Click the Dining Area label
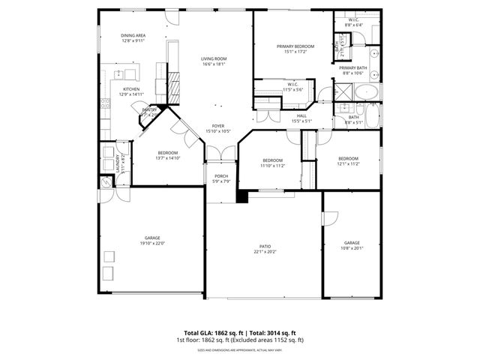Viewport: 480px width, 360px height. pos(133,35)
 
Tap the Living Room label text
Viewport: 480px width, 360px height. pos(214,58)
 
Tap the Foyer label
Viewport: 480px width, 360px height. pos(217,126)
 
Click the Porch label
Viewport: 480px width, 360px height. pos(220,175)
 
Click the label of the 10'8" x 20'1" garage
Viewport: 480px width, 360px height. pos(352,243)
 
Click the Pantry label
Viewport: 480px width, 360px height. pos(151,110)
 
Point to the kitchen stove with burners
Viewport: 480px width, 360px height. pos(127,73)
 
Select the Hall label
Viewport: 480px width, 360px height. pos(301,115)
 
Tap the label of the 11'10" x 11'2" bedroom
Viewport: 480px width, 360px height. pos(272,160)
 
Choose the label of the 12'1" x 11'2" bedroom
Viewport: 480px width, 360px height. pos(348,158)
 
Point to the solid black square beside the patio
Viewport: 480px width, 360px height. pos(241,196)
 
